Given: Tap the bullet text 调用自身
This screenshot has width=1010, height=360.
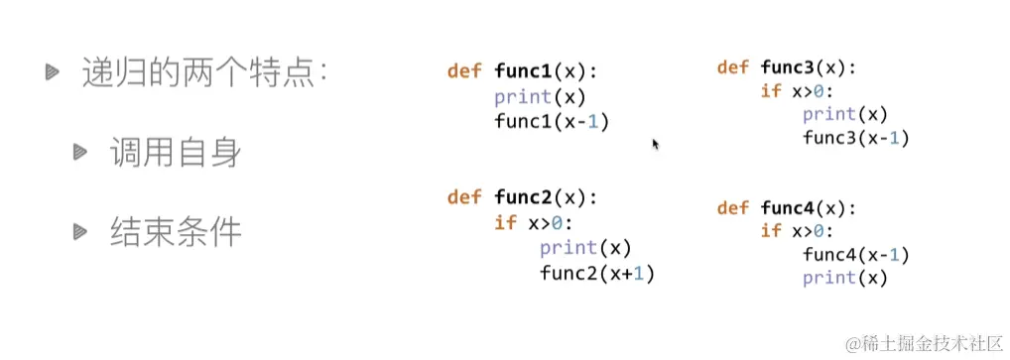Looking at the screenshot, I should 176,154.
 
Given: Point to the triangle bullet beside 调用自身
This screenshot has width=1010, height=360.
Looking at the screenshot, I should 79,152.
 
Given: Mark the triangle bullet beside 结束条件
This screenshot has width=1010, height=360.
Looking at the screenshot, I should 79,231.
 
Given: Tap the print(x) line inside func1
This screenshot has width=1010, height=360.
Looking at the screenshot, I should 540,97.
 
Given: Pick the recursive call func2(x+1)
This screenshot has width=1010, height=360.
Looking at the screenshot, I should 597,273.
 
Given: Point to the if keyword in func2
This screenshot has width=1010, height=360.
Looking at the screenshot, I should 505,222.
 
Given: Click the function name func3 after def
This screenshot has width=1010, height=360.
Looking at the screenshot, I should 791,67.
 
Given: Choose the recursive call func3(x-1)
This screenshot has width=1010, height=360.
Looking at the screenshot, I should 855,138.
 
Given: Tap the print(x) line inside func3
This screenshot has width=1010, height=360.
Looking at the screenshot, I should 844,114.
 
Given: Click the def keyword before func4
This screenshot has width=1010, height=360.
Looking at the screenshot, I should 732,208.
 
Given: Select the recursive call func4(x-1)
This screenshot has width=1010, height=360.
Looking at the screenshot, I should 855,255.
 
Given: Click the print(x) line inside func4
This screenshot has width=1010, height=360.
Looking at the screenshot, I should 844,279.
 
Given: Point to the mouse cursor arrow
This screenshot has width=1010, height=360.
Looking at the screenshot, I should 655,144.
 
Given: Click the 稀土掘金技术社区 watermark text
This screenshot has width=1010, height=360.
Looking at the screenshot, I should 932,343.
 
